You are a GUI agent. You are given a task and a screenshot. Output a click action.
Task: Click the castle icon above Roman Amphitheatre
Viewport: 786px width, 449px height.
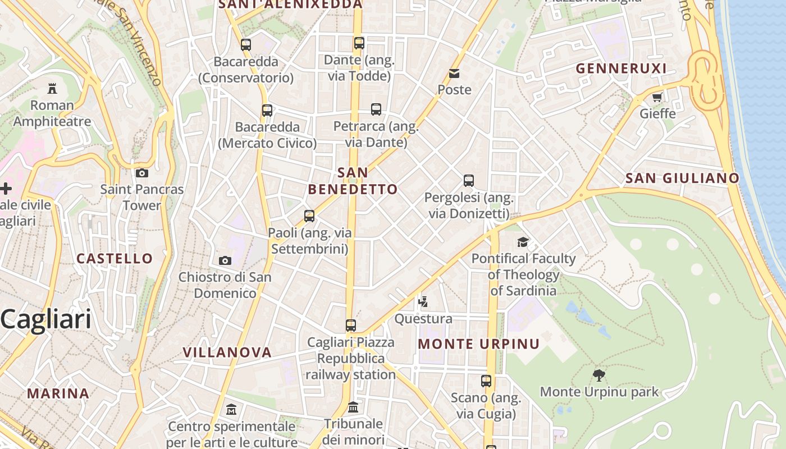52,88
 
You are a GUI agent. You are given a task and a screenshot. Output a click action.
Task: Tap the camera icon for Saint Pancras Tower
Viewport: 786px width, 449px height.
142,173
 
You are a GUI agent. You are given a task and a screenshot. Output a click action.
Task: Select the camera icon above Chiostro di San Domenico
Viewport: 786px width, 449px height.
225,260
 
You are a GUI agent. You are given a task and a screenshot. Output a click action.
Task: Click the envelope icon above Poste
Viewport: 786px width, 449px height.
454,74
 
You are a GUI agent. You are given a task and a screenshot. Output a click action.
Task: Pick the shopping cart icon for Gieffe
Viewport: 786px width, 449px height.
657,97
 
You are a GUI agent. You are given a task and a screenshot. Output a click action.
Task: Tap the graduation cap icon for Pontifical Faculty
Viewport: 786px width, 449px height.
523,242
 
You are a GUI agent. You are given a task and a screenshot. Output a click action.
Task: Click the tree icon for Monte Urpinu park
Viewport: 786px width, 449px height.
599,375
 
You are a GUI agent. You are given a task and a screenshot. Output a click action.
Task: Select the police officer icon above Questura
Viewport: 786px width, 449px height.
423,302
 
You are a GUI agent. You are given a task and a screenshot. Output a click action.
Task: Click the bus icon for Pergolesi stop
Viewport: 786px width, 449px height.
469,181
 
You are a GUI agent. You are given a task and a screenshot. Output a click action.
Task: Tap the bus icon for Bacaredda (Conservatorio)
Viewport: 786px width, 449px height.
246,45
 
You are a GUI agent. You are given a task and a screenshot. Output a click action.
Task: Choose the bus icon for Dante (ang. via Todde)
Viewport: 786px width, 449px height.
359,43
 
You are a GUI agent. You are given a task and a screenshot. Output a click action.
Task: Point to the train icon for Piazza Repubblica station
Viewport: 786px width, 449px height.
351,326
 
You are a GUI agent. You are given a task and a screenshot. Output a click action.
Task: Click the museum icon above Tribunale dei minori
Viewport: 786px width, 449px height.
353,407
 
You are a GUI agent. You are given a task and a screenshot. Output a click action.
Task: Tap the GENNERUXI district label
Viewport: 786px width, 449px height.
621,68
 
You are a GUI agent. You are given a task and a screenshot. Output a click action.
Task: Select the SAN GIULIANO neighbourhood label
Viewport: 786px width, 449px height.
682,178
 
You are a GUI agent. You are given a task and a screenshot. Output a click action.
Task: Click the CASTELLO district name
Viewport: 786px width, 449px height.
115,259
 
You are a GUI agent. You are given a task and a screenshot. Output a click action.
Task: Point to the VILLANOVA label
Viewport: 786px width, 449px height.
227,352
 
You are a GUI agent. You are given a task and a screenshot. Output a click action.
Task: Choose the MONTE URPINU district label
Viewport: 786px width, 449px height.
479,344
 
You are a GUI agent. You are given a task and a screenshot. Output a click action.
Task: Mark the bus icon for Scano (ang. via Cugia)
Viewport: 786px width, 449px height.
486,381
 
